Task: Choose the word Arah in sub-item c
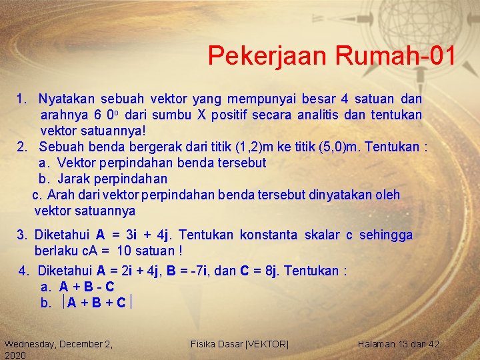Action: point(61,195)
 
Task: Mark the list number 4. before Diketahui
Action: point(25,271)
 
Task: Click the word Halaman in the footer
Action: point(378,344)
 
